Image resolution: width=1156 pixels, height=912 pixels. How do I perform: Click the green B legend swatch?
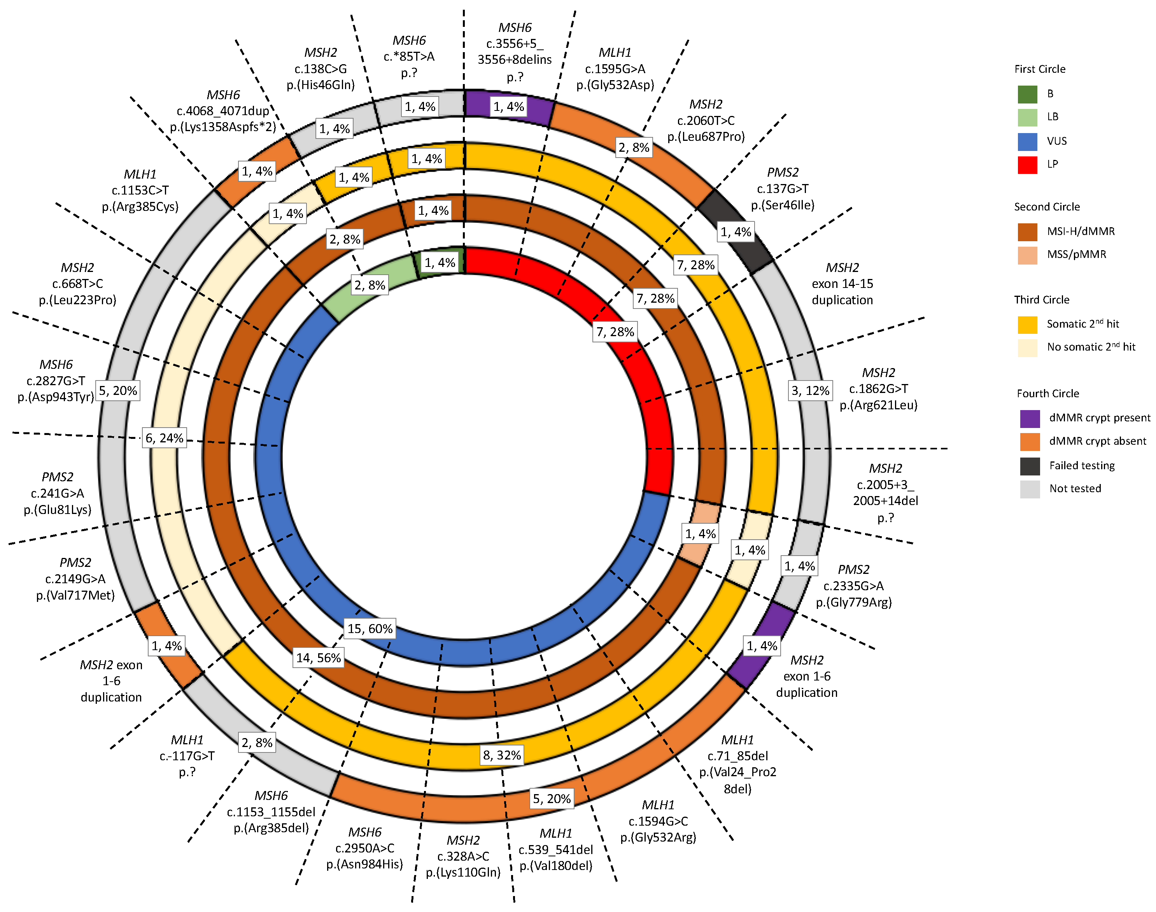pyautogui.click(x=1027, y=94)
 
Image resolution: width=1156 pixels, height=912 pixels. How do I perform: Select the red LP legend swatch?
pyautogui.click(x=1027, y=165)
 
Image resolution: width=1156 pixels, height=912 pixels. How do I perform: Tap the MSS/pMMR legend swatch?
pyautogui.click(x=1027, y=255)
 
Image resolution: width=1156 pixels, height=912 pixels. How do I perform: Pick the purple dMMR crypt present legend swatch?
pyautogui.click(x=1030, y=418)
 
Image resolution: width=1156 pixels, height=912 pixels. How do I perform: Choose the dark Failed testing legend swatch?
pyautogui.click(x=1030, y=466)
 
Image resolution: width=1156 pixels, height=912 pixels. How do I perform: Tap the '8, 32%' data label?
pyautogui.click(x=502, y=754)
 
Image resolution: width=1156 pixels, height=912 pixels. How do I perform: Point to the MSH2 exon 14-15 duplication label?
pyautogui.click(x=842, y=284)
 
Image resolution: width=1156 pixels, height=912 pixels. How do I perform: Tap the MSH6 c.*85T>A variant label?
pyautogui.click(x=409, y=56)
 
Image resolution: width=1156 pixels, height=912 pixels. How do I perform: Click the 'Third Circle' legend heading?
pyautogui.click(x=1041, y=300)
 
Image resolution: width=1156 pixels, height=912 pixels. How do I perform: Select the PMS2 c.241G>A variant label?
pyautogui.click(x=58, y=493)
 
